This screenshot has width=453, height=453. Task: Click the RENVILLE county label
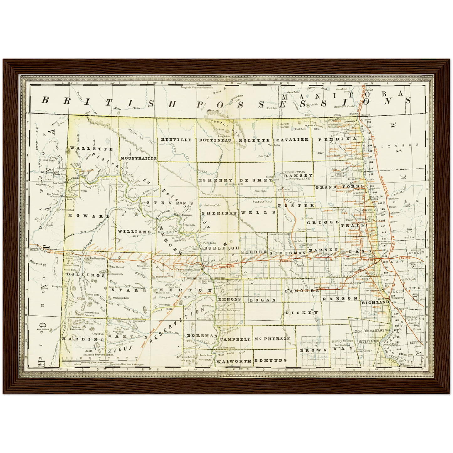(176, 140)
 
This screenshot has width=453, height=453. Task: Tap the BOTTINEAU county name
(215, 140)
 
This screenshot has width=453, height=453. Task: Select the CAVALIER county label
(292, 140)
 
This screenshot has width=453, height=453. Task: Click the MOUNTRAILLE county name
(138, 159)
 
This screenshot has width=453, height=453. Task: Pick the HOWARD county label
(89, 216)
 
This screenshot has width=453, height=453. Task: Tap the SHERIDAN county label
(219, 213)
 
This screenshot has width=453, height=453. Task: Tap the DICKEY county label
(302, 313)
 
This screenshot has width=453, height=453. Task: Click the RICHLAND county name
(375, 303)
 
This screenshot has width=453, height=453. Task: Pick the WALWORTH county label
(234, 361)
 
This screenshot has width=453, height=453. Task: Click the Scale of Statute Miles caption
(98, 354)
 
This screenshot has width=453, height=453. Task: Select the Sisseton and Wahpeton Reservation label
(371, 336)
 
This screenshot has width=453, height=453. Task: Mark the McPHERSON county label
(272, 339)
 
